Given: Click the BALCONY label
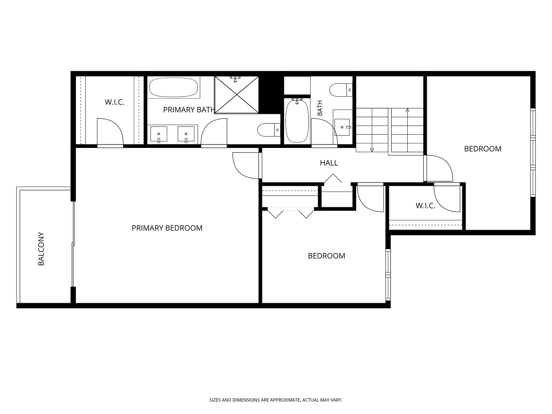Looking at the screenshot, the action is pyautogui.click(x=41, y=249).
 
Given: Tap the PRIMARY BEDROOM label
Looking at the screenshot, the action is pyautogui.click(x=167, y=228).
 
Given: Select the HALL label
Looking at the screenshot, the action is pyautogui.click(x=329, y=163).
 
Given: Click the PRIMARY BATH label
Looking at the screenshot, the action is pyautogui.click(x=189, y=110).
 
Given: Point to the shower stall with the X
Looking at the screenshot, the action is pyautogui.click(x=237, y=95).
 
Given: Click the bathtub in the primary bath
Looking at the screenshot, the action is pyautogui.click(x=173, y=87).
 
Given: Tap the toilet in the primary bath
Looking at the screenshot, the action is pyautogui.click(x=269, y=130).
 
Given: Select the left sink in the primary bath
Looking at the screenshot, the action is pyautogui.click(x=159, y=134).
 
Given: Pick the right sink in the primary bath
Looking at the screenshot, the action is pyautogui.click(x=186, y=134).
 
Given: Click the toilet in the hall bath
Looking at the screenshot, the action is pyautogui.click(x=341, y=90).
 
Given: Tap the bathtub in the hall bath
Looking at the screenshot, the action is pyautogui.click(x=297, y=121).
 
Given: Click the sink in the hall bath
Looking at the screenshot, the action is pyautogui.click(x=342, y=127).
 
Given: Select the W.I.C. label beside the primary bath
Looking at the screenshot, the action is pyautogui.click(x=114, y=102).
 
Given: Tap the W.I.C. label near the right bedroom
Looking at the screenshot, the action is pyautogui.click(x=425, y=205).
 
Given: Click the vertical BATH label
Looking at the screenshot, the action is pyautogui.click(x=320, y=108).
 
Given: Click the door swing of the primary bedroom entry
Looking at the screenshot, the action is pyautogui.click(x=241, y=170).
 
